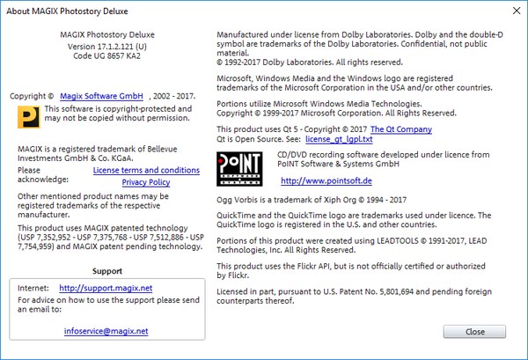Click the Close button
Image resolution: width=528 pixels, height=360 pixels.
(474, 331)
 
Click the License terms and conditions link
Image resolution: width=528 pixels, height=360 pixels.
(146, 170)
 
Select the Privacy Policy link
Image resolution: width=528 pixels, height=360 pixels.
(146, 181)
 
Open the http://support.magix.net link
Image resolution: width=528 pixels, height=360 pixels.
(106, 288)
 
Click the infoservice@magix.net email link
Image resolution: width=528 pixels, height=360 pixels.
(106, 331)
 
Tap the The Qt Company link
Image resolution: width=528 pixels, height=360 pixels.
(401, 129)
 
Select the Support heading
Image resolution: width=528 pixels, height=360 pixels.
(106, 271)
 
